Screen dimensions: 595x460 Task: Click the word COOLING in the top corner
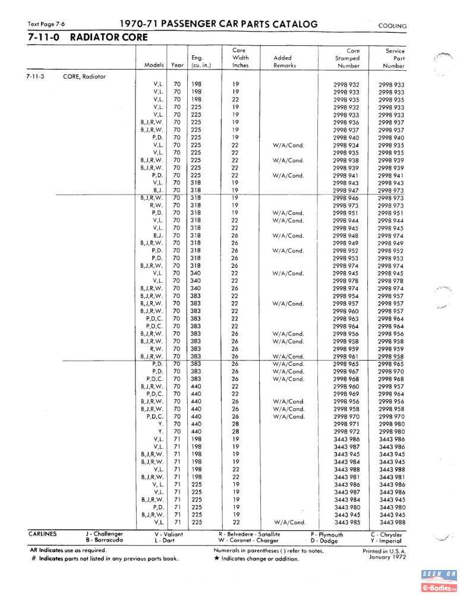pyautogui.click(x=392, y=26)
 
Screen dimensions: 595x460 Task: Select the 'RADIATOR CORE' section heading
pyautogui.click(x=109, y=37)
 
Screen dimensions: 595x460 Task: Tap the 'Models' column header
pyautogui.click(x=154, y=65)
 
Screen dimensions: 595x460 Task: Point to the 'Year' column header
pyautogui.click(x=177, y=65)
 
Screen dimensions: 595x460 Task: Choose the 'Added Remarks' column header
pyautogui.click(x=284, y=62)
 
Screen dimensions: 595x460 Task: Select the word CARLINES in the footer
pyautogui.click(x=43, y=534)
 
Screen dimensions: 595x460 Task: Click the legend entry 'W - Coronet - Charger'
pyautogui.click(x=248, y=540)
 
